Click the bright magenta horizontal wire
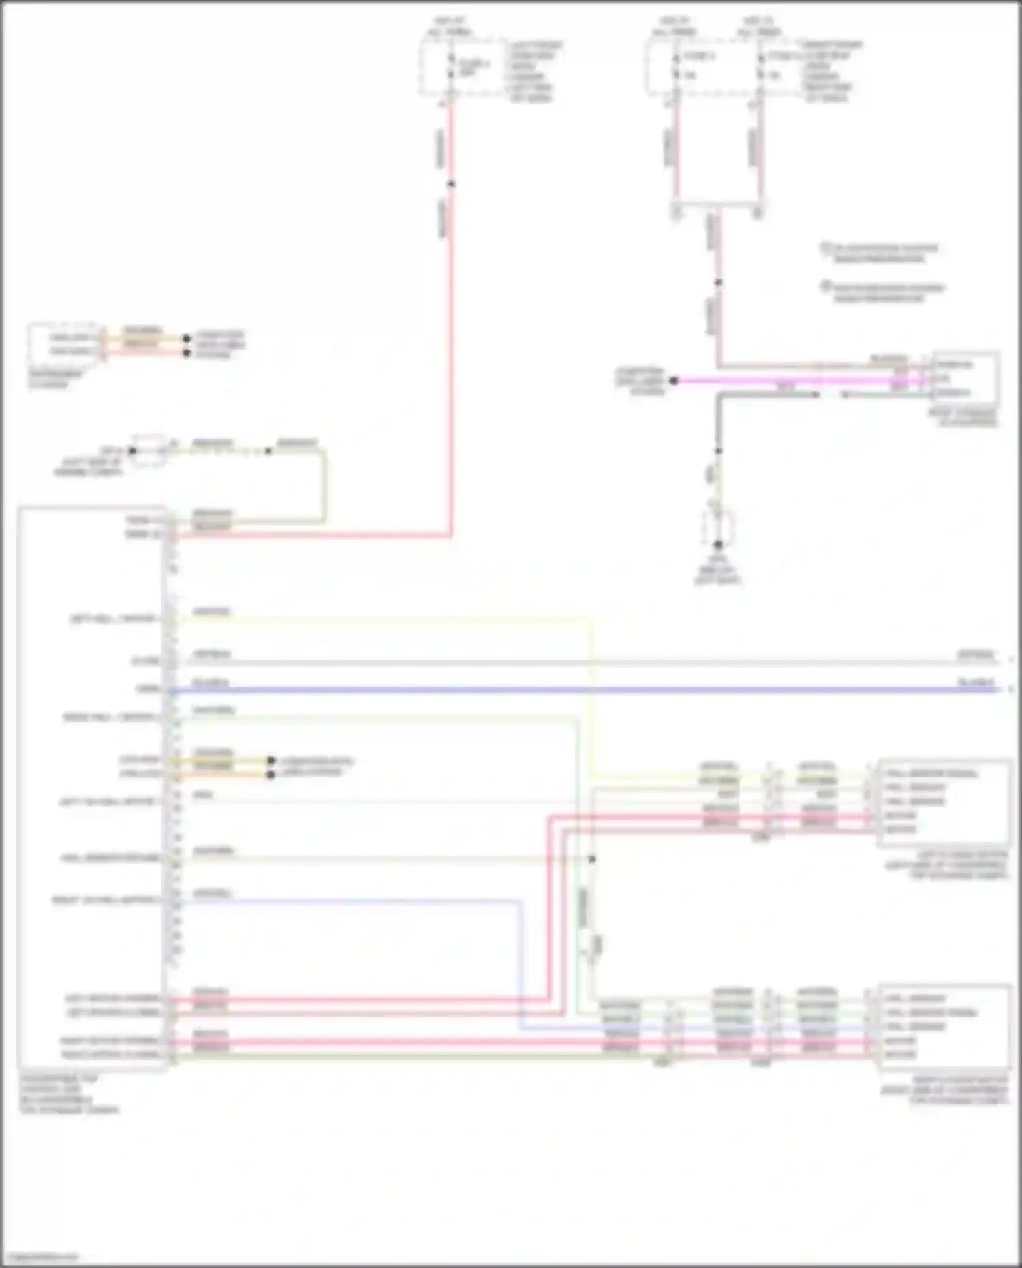(784, 381)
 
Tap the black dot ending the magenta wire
(674, 381)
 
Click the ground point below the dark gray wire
(717, 544)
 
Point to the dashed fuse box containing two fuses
(715, 67)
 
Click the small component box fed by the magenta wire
(965, 379)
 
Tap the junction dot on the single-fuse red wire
(450, 184)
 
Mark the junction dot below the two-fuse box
(717, 282)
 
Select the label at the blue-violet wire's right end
(976, 682)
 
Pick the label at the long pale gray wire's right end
(976, 654)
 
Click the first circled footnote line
(880, 252)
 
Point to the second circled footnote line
(883, 292)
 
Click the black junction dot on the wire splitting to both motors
(592, 859)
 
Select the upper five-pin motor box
(944, 802)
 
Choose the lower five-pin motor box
(944, 1026)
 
